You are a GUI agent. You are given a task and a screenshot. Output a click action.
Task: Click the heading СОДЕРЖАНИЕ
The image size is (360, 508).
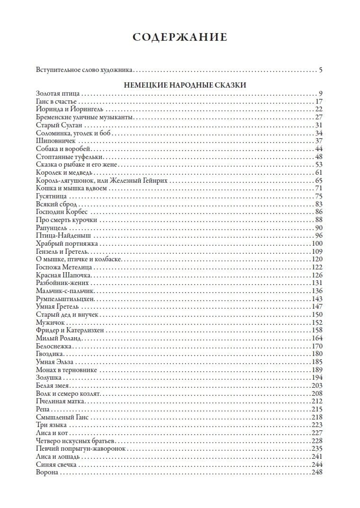tap(180, 37)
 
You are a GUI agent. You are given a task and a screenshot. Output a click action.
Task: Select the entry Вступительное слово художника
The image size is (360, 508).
tap(84, 71)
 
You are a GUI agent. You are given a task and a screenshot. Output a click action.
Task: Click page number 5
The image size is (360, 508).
tap(320, 71)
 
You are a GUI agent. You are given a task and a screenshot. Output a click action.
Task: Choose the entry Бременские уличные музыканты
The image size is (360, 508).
tap(85, 117)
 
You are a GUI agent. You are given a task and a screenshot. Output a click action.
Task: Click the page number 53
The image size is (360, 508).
tap(318, 164)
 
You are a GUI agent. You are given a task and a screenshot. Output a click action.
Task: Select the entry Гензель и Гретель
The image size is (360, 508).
tap(60, 251)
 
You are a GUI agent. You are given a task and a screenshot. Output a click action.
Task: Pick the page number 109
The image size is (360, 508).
tap(317, 251)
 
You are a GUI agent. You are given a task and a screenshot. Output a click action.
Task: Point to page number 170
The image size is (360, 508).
tap(317, 346)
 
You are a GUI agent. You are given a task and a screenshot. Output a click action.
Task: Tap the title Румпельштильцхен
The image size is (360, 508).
tap(65, 299)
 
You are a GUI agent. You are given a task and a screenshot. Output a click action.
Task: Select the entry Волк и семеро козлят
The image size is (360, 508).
tap(68, 393)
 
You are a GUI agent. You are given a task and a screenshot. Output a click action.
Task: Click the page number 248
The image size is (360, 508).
tap(317, 472)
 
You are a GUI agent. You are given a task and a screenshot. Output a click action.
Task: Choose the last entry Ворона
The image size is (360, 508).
tap(47, 472)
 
